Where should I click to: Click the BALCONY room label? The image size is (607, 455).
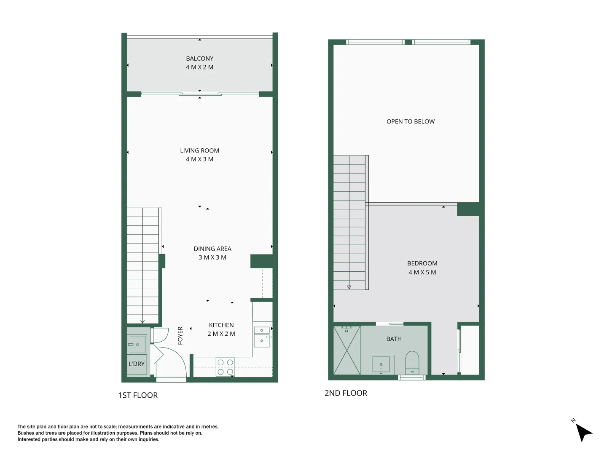click(199, 59)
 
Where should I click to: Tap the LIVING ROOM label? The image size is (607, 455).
click(199, 150)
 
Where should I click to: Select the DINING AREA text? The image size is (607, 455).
click(212, 249)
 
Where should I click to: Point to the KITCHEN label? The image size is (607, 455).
click(221, 325)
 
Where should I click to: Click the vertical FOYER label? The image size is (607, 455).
click(180, 335)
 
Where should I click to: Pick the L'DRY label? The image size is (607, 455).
click(136, 364)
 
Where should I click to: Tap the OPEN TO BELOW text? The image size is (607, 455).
click(410, 121)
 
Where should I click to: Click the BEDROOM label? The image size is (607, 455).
click(422, 263)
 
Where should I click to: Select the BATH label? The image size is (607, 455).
click(394, 339)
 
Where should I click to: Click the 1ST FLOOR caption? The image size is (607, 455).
click(138, 395)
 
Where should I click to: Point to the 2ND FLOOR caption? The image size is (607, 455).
click(346, 393)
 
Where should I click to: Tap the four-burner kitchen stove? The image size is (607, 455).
click(225, 367)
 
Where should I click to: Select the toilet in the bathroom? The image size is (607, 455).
click(412, 363)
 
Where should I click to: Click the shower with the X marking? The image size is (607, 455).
click(347, 350)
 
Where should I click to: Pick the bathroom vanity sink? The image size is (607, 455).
click(381, 364)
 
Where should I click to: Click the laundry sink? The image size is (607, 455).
click(137, 344)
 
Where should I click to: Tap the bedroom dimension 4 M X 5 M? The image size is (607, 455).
click(422, 272)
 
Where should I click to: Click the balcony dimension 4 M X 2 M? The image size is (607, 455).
click(199, 67)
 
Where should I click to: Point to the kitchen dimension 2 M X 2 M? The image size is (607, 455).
click(221, 334)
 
